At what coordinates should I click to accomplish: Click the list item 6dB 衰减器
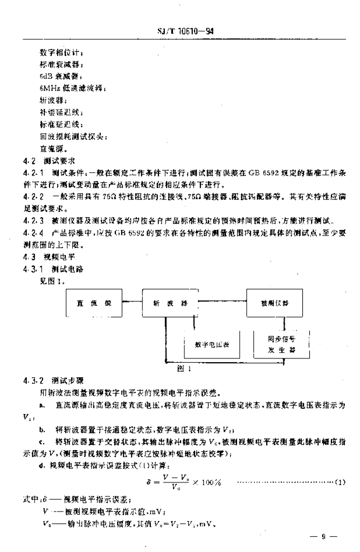(61, 77)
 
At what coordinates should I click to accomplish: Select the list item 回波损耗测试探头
(73, 136)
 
